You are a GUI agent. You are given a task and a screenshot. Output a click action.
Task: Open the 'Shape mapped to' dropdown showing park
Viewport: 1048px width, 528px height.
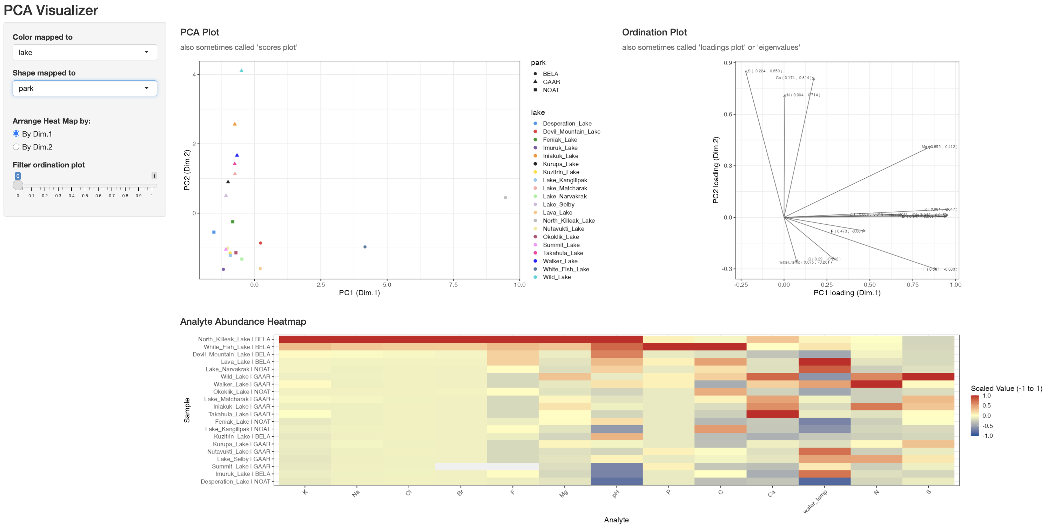[85, 88]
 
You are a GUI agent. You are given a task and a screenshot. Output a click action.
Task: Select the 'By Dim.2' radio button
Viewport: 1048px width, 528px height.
[16, 147]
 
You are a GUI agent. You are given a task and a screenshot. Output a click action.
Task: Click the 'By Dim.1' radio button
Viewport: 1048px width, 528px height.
[16, 133]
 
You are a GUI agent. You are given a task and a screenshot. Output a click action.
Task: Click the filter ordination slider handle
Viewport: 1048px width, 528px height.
[18, 185]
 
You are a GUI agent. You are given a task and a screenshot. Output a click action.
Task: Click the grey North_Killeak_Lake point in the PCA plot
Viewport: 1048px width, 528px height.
[505, 197]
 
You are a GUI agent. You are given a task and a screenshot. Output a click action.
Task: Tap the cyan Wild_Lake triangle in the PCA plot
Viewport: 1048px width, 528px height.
[241, 71]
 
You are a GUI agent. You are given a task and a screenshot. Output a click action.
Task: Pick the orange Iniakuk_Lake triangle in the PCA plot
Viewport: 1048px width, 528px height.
[234, 124]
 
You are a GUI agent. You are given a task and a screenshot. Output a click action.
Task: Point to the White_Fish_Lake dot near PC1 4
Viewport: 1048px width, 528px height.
[365, 247]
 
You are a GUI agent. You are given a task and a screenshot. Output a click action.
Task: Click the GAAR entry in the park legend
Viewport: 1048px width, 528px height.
[551, 82]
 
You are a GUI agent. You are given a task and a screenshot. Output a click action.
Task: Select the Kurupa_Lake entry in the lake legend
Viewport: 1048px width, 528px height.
[560, 164]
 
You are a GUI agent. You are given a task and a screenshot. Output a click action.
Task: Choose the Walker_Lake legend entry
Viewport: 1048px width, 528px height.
[560, 261]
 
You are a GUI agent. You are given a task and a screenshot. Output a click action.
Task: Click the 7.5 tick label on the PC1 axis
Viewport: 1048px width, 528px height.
[453, 285]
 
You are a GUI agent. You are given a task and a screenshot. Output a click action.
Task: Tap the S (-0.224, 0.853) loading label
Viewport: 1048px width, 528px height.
[764, 71]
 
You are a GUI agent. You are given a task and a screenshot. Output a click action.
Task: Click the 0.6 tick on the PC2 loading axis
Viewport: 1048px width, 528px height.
[728, 114]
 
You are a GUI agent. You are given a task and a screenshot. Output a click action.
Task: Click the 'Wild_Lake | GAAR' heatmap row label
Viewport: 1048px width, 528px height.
[245, 377]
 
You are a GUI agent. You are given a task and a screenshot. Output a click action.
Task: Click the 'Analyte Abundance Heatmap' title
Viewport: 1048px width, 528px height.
[243, 322]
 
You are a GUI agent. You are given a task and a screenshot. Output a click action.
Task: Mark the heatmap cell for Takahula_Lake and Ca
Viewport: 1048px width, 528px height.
[772, 414]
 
